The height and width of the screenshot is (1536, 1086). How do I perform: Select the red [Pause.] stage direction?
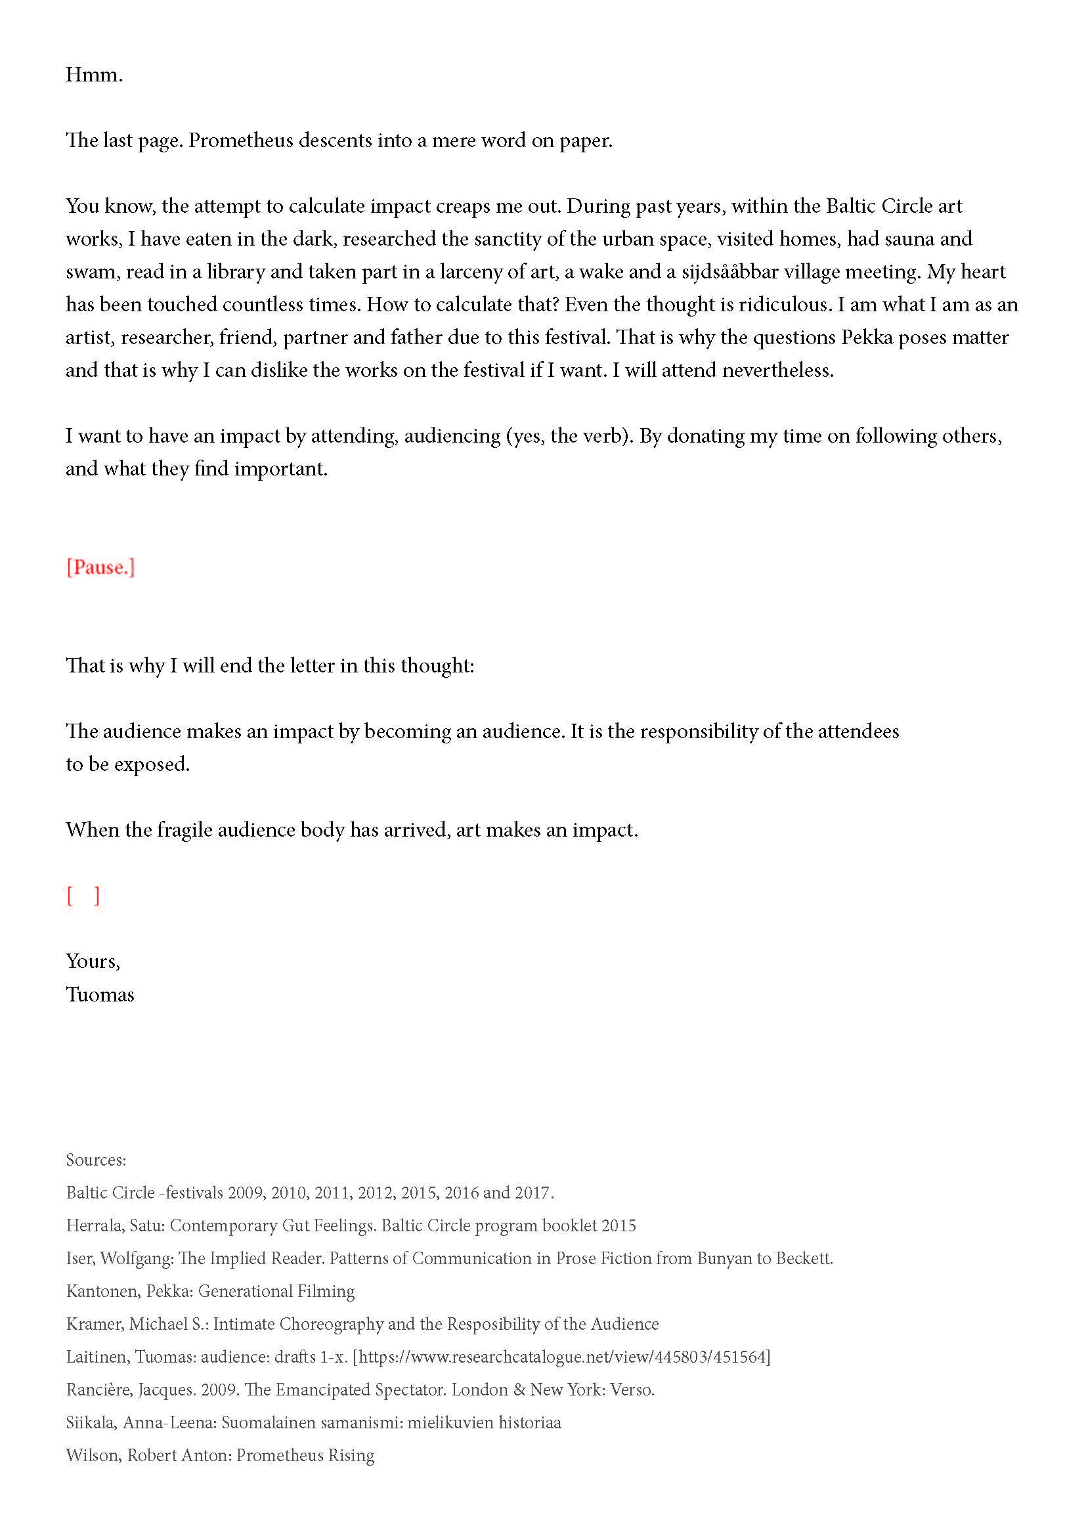point(100,567)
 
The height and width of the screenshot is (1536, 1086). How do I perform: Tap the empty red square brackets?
point(83,896)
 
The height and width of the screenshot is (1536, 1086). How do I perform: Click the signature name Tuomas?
point(100,994)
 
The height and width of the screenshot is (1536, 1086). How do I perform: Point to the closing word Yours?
point(92,961)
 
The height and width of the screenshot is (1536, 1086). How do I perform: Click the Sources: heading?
point(96,1159)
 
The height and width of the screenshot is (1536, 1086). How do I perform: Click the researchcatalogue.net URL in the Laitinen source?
point(562,1357)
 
